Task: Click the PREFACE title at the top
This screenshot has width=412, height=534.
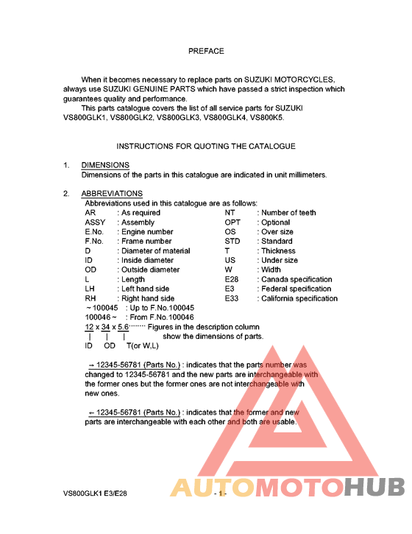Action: click(x=206, y=52)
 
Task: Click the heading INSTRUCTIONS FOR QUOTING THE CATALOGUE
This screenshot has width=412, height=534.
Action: click(x=206, y=147)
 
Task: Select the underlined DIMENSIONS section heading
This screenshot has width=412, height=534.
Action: click(x=105, y=165)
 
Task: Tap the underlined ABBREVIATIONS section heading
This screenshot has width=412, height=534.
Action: click(x=112, y=194)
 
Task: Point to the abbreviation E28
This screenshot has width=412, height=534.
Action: click(x=232, y=280)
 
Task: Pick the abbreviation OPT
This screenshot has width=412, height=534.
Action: click(x=232, y=222)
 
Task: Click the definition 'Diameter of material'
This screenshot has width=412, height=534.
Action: click(x=156, y=251)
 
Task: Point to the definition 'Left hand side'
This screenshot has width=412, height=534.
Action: click(x=146, y=289)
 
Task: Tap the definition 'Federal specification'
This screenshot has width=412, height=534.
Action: click(x=294, y=289)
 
